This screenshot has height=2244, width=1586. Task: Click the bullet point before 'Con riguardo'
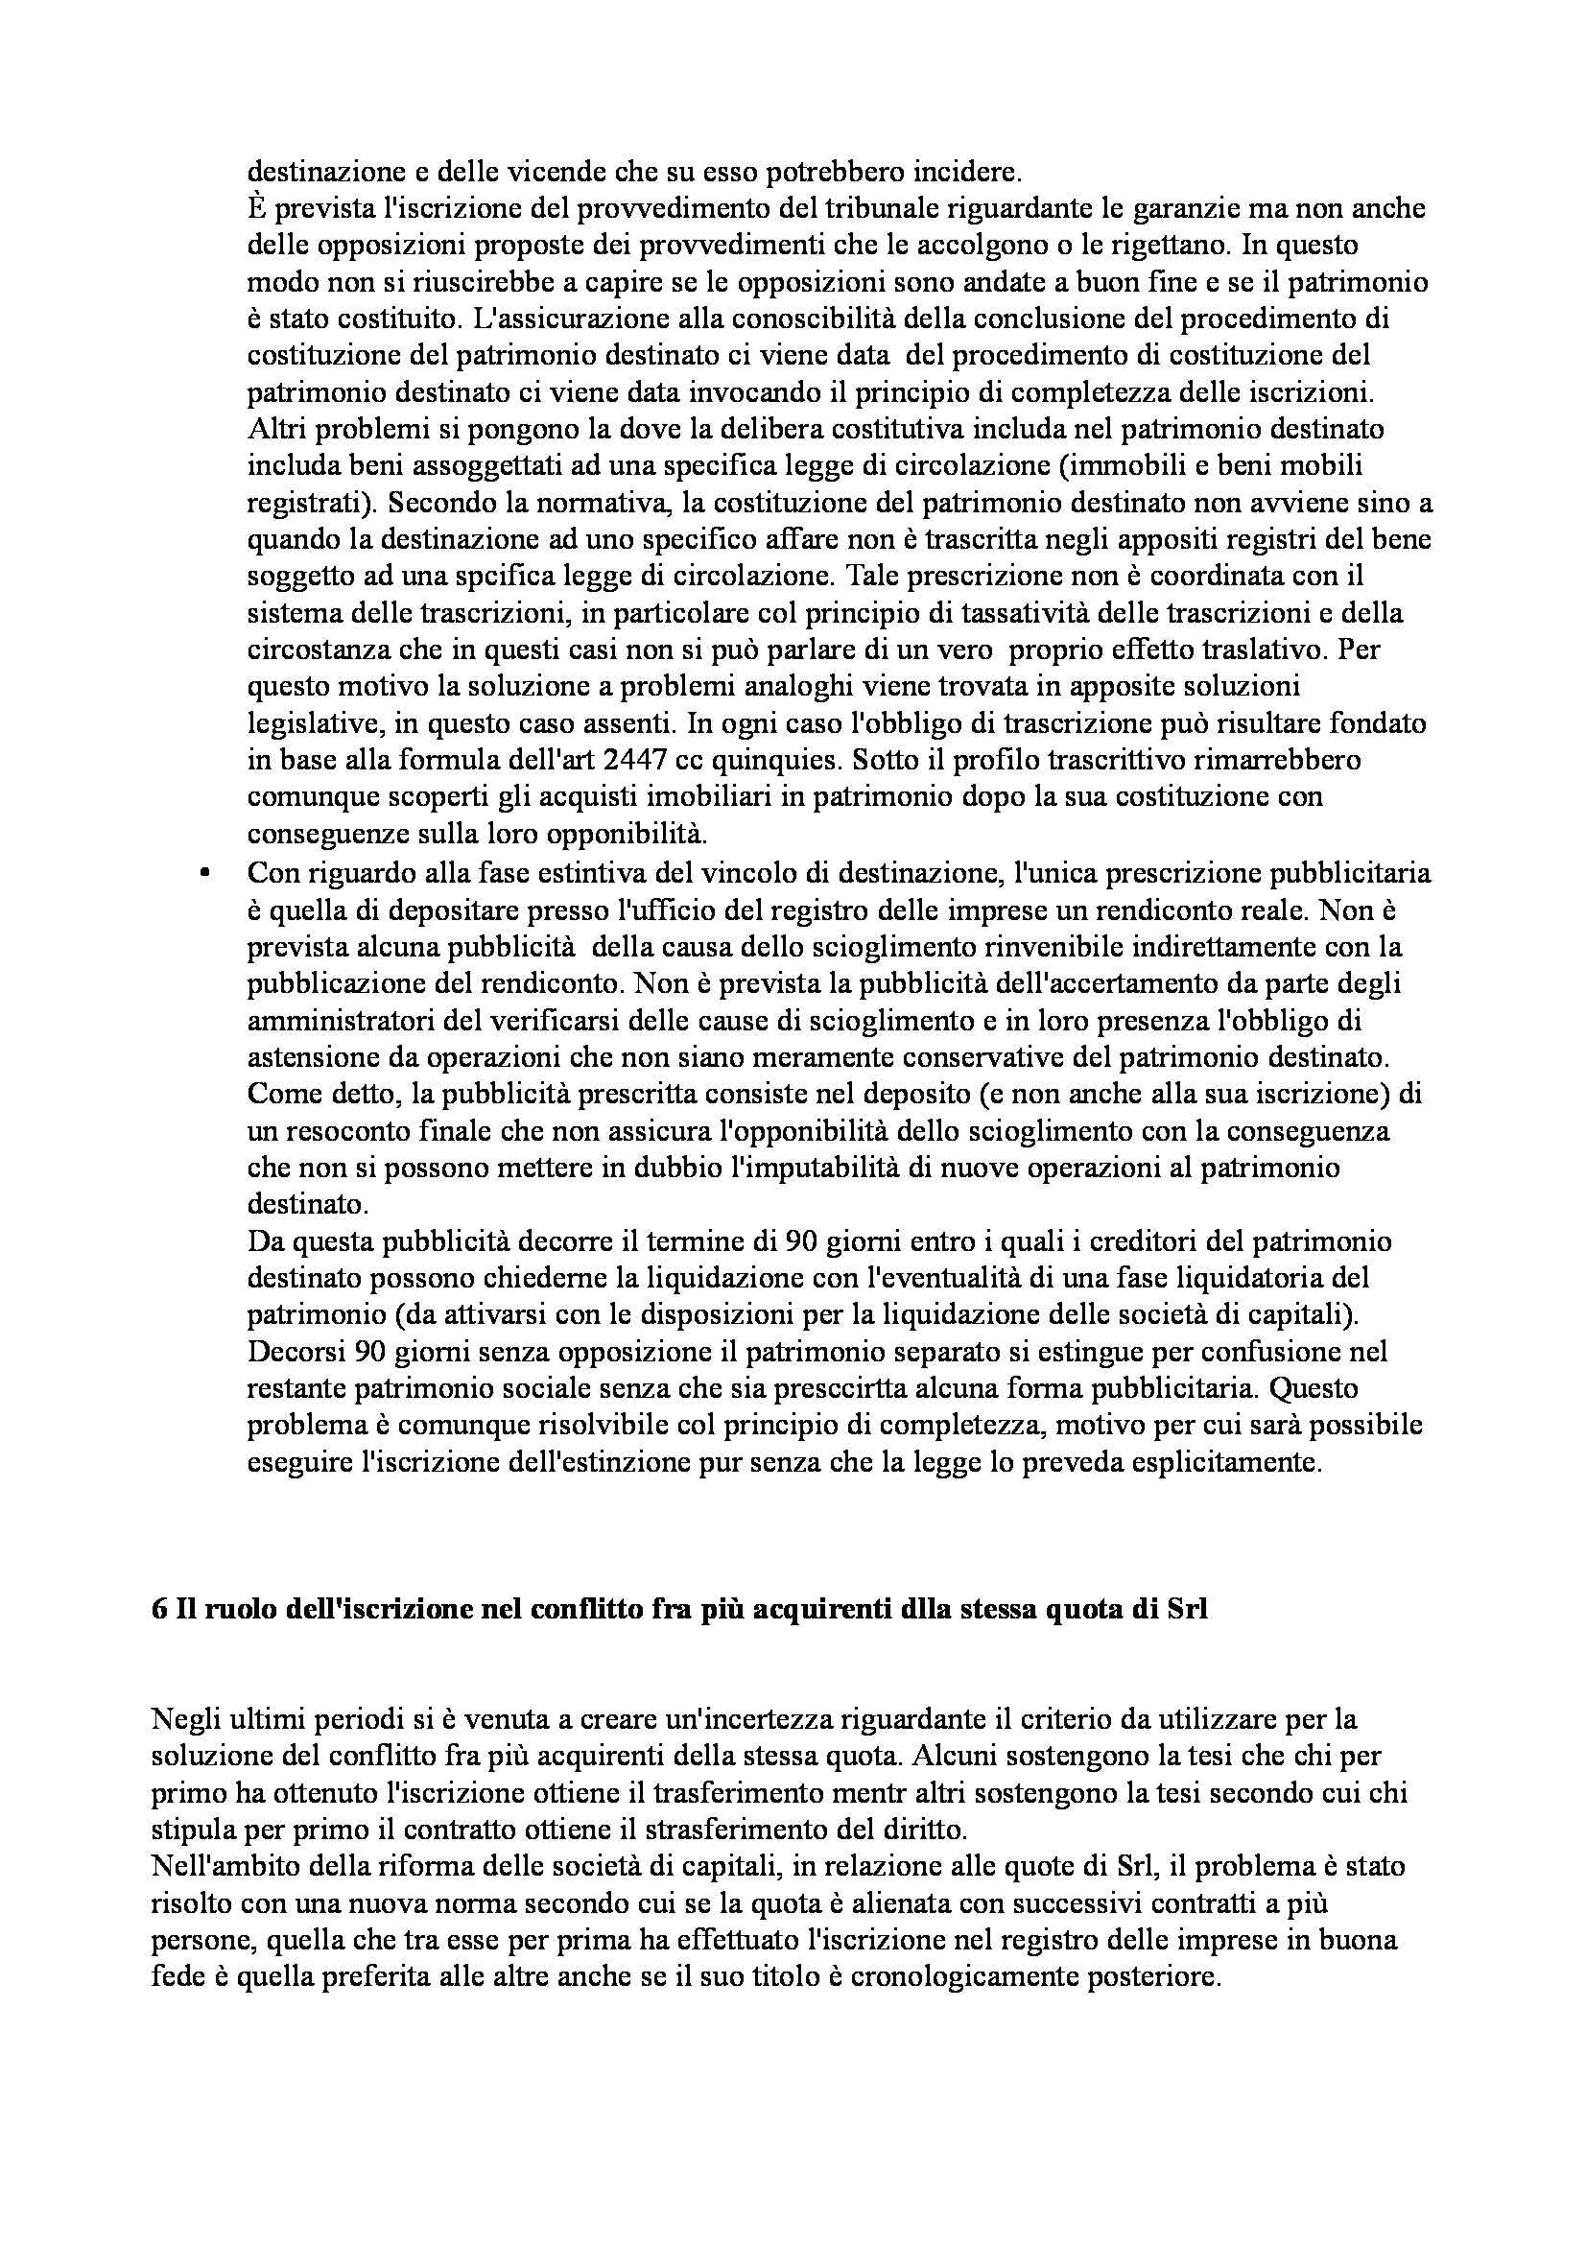click(204, 875)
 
